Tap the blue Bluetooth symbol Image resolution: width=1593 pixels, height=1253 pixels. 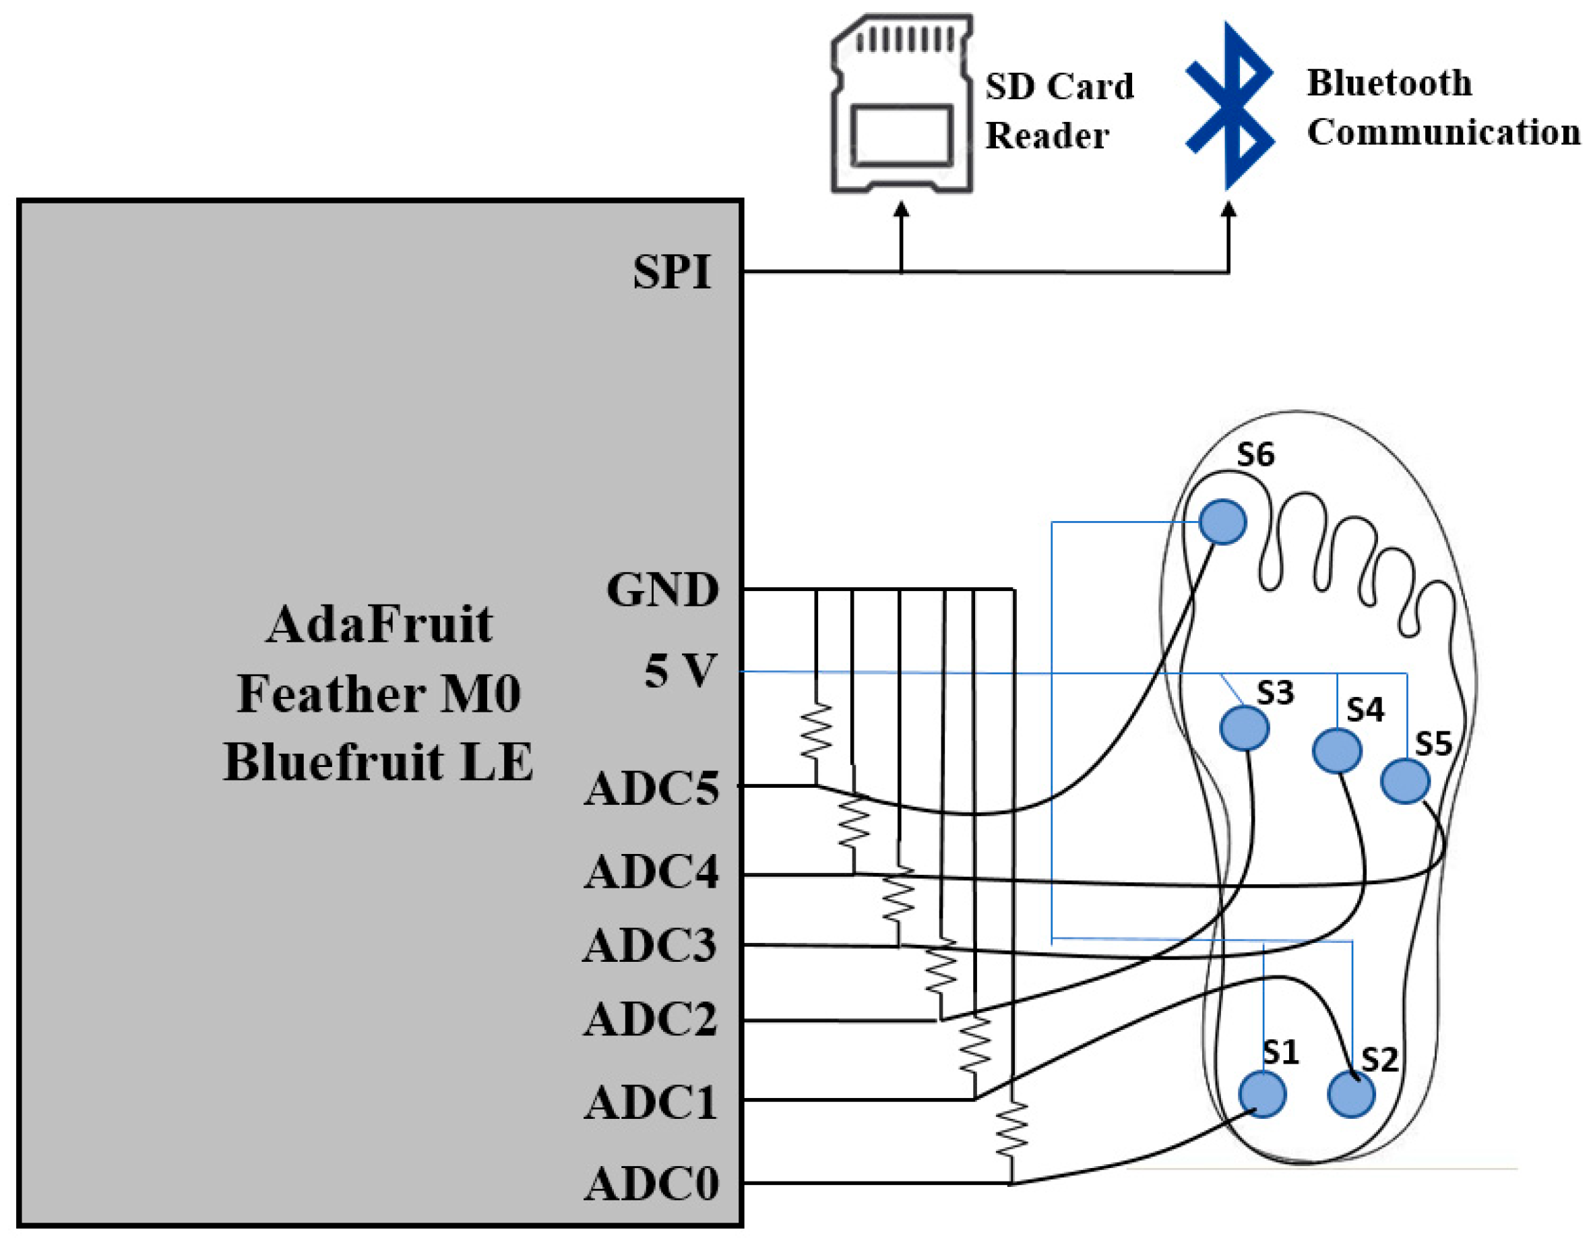click(x=1230, y=106)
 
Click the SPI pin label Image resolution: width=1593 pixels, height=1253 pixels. click(x=672, y=272)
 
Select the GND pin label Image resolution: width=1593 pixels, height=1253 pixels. click(x=662, y=589)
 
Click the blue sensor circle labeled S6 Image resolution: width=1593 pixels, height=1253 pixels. click(x=1222, y=522)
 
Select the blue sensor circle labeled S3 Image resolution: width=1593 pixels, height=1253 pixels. click(x=1244, y=728)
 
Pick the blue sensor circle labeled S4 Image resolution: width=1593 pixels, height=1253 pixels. click(x=1336, y=750)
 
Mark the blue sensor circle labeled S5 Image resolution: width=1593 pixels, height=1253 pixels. click(x=1404, y=781)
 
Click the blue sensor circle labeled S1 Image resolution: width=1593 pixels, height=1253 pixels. click(x=1262, y=1094)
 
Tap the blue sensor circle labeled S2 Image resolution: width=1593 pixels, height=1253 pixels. click(x=1351, y=1095)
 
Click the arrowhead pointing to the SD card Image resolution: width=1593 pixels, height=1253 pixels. click(x=902, y=210)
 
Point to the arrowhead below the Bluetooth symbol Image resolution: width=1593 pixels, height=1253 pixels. click(x=1228, y=210)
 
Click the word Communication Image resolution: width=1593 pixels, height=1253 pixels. click(x=1443, y=133)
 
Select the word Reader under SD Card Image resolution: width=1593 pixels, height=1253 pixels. click(x=1046, y=135)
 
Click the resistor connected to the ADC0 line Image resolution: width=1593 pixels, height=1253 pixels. click(x=1011, y=1128)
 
